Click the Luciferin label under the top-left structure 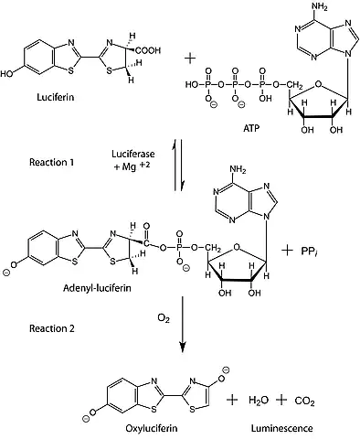[56, 97]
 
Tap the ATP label [251, 128]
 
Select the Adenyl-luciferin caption [97, 288]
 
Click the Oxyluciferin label [152, 428]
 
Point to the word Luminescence [282, 428]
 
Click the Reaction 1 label [51, 162]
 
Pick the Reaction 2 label [52, 328]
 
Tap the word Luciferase [133, 154]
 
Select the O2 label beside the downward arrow [164, 319]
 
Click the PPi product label [310, 252]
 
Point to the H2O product [259, 401]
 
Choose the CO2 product [304, 401]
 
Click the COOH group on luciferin [148, 50]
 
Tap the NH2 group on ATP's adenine [320, 6]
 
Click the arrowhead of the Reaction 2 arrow [182, 347]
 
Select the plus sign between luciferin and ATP [190, 58]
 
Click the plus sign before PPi [288, 252]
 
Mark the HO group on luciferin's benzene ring [6, 74]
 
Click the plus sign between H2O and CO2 [281, 400]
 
